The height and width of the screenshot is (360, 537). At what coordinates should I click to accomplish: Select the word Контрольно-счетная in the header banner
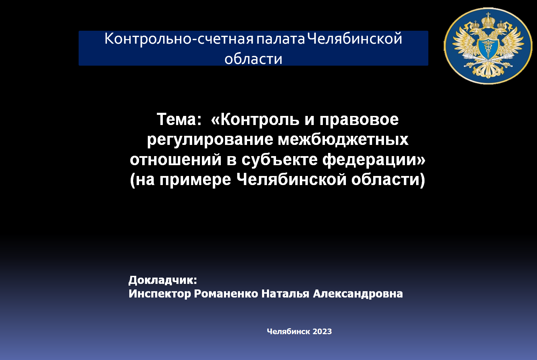tap(179, 39)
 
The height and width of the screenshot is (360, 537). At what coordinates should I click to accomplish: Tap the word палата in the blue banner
tap(281, 39)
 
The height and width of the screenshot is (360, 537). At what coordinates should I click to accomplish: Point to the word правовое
tap(359, 119)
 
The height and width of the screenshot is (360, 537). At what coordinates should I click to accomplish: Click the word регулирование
tap(210, 140)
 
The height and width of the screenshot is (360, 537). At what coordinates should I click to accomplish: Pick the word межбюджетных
tap(343, 140)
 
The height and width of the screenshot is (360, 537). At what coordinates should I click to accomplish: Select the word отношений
tap(176, 160)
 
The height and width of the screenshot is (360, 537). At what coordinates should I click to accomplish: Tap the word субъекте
tap(279, 160)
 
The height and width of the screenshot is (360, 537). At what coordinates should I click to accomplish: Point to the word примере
tap(195, 179)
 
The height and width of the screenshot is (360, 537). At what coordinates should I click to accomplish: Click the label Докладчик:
tap(163, 280)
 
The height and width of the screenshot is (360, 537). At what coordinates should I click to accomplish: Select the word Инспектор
tap(160, 294)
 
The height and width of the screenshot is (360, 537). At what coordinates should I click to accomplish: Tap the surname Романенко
tap(226, 294)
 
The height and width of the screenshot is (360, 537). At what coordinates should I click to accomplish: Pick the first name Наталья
tap(285, 294)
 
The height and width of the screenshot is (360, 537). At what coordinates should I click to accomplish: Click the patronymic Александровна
tap(358, 294)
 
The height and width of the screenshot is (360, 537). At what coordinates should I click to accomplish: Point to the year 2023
tap(322, 331)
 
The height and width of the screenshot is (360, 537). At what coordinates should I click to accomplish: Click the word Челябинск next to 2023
tap(288, 331)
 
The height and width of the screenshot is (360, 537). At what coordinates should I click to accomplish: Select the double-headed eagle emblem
tap(488, 46)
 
